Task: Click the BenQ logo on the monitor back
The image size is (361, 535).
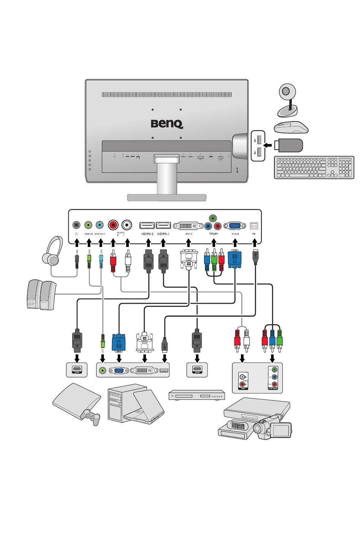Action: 167,124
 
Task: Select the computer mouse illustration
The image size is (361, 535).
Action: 291,128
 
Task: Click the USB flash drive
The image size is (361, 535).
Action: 293,145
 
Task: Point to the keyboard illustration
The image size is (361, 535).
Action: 313,167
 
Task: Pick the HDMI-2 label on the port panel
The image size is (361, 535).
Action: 147,234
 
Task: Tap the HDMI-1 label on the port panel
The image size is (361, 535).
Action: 163,234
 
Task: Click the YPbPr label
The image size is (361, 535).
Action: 214,234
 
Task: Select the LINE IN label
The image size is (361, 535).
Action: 89,234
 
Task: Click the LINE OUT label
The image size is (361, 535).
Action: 100,234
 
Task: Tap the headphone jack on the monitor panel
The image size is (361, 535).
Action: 77,225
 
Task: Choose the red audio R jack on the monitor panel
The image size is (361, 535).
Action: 113,225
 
